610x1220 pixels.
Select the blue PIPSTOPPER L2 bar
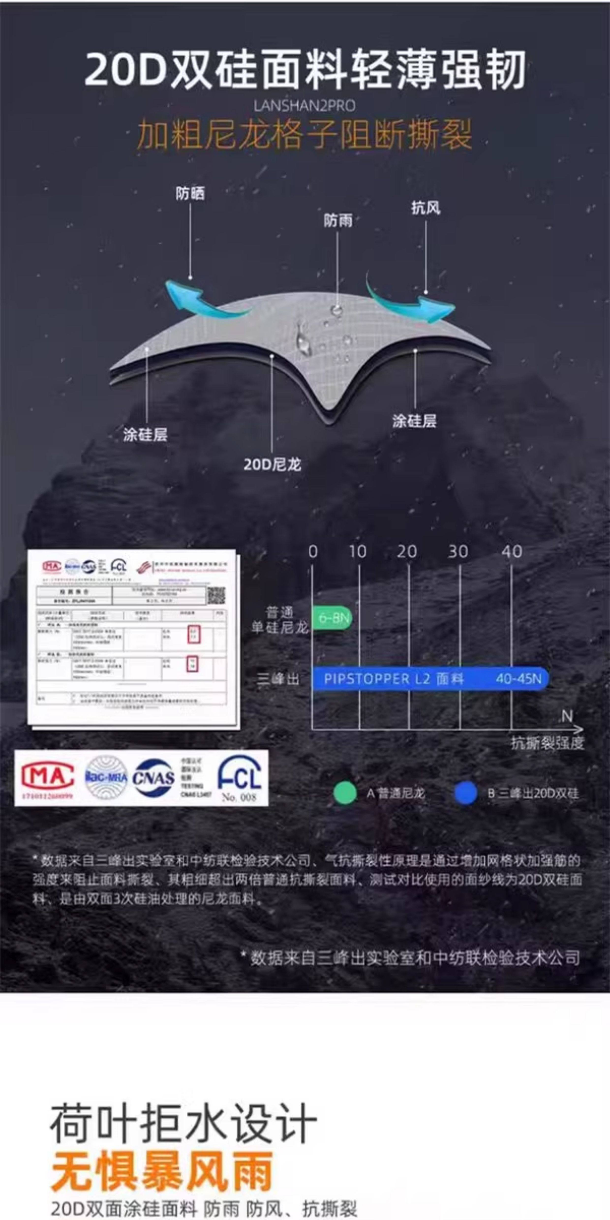[430, 679]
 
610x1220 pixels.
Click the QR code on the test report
[216, 595]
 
